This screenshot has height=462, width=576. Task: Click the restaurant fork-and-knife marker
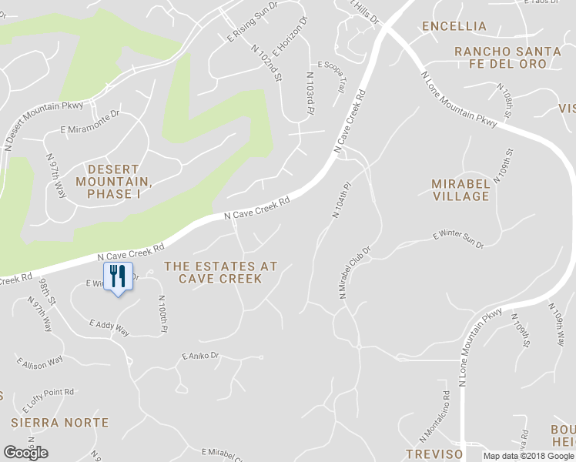[118, 276]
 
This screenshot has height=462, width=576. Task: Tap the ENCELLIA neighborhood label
[454, 26]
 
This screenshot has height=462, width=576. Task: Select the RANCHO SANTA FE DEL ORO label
[507, 58]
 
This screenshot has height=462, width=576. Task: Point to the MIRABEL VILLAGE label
[460, 190]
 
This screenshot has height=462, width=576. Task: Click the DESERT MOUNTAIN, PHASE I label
[113, 181]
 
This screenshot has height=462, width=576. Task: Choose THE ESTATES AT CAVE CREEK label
[220, 272]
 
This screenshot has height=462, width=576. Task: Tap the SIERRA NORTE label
[59, 423]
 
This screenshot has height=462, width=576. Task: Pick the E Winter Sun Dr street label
[458, 239]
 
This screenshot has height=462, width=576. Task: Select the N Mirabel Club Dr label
[354, 272]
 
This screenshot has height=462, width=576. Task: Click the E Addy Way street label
[109, 327]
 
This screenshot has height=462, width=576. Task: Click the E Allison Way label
[39, 362]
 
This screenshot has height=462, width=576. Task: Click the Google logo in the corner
[25, 452]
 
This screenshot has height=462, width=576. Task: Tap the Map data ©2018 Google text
[529, 456]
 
